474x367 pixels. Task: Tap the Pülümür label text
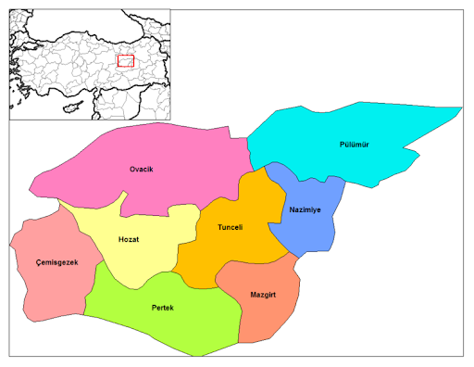tap(355, 145)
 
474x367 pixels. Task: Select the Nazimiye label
tap(305, 209)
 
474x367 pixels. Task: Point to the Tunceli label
tap(230, 227)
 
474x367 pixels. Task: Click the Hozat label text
tap(130, 239)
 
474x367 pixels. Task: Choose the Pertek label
tap(163, 306)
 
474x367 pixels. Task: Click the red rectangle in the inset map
tap(126, 61)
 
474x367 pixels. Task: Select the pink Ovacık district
tap(176, 148)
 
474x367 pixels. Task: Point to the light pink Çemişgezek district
tap(46, 287)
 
